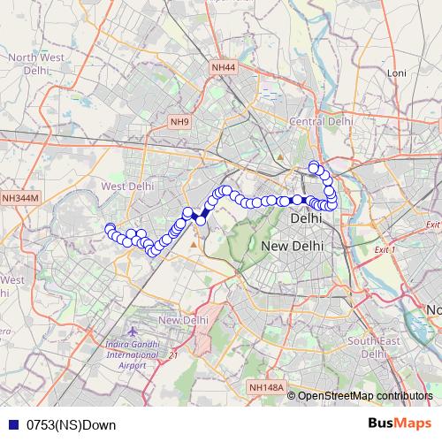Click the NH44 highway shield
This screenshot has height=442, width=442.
click(224, 67)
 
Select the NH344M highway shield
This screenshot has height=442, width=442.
click(20, 199)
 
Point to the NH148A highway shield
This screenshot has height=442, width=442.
click(267, 387)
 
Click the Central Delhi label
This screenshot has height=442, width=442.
click(321, 121)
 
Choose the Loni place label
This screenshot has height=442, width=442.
click(395, 72)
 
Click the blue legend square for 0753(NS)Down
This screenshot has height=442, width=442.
click(11, 425)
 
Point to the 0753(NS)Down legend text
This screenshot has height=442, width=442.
click(71, 425)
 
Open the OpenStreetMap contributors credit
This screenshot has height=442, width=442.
click(364, 396)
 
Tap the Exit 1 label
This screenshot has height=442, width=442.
click(384, 250)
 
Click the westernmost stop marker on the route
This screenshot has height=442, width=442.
click(110, 229)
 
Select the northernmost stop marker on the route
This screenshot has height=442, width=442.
click(313, 166)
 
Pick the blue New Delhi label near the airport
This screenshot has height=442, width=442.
click(183, 319)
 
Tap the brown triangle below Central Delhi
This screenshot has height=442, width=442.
click(280, 157)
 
